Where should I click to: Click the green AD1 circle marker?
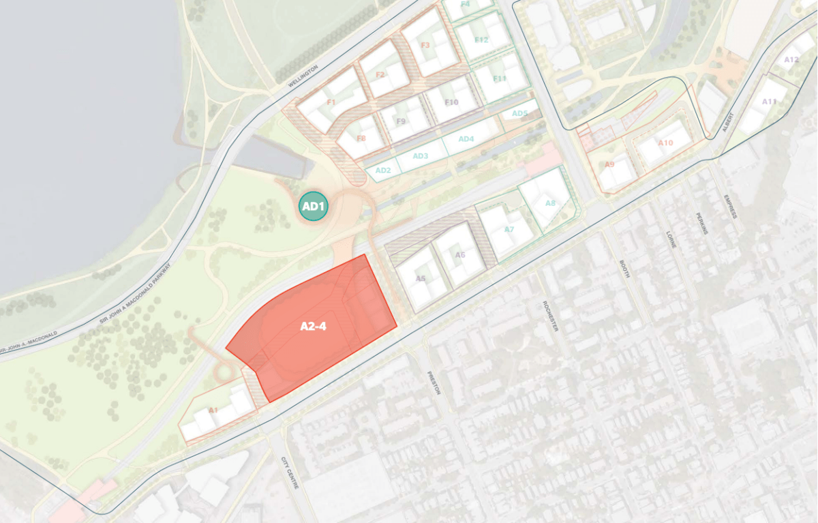point(314,206)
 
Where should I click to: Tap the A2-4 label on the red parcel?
point(314,327)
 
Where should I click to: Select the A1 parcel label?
point(213,410)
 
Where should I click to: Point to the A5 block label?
point(421,278)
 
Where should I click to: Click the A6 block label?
point(460,255)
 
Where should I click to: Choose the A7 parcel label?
point(509,230)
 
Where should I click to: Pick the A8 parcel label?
point(550,203)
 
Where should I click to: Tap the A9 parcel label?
point(609,164)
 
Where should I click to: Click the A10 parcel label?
point(665,143)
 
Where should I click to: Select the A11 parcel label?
point(769,102)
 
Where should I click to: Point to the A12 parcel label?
point(791,60)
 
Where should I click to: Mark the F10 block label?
point(451,102)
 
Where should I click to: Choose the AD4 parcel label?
point(466,139)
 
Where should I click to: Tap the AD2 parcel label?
point(383,170)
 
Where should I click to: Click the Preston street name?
point(434,383)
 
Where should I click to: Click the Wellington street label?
point(303,76)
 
